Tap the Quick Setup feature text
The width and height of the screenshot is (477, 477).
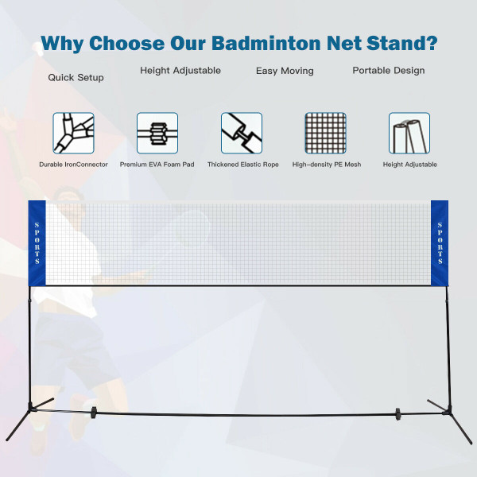(x=76, y=78)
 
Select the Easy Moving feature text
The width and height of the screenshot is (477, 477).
(x=285, y=71)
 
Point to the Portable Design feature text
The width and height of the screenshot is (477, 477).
(x=389, y=70)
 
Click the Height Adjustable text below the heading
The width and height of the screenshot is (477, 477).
(x=180, y=70)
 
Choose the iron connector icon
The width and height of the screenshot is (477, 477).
(x=74, y=133)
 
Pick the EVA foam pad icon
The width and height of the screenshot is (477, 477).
(x=157, y=133)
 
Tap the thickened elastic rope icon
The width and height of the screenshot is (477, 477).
(x=242, y=133)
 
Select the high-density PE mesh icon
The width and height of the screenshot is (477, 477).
(x=326, y=133)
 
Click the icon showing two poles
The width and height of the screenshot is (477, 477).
(x=409, y=133)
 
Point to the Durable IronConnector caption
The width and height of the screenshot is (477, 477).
(x=73, y=165)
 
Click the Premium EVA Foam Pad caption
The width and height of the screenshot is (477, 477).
(x=157, y=165)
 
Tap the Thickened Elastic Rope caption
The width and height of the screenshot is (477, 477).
(x=242, y=165)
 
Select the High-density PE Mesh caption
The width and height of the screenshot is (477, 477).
(x=325, y=165)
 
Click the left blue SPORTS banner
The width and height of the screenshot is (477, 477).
(x=37, y=242)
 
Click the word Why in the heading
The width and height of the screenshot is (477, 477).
(x=64, y=42)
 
